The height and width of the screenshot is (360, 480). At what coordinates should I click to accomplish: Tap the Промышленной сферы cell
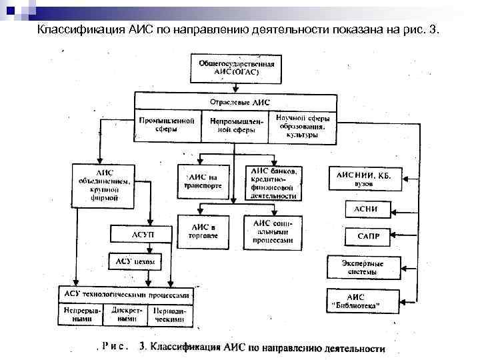point(167,126)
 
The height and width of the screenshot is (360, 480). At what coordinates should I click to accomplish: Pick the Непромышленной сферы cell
point(235,126)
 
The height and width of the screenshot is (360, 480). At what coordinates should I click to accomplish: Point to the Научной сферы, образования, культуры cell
point(303,126)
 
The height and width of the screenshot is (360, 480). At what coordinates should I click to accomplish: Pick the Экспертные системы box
point(363,267)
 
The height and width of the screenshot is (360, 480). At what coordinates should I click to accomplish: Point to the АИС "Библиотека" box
point(363,301)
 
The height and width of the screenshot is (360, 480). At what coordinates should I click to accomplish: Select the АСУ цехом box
point(135,262)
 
